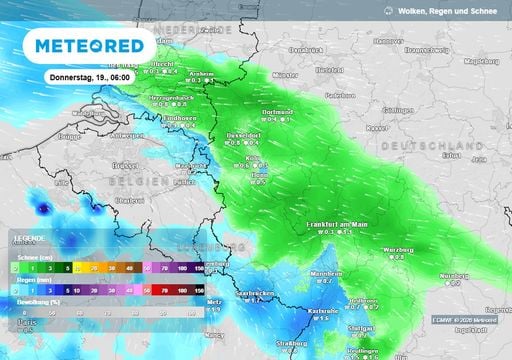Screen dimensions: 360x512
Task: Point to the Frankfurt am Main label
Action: pyautogui.click(x=338, y=224)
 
